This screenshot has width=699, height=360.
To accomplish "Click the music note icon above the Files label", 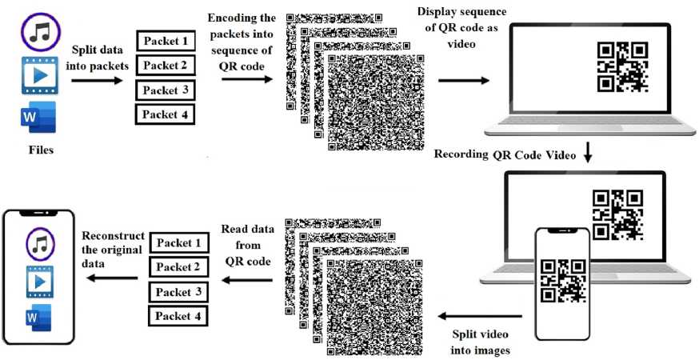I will [39, 32].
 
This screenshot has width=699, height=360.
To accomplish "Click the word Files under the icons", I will [40, 148].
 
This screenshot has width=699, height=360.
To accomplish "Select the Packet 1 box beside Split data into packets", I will [166, 41].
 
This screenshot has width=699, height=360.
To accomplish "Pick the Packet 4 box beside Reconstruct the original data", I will [177, 315].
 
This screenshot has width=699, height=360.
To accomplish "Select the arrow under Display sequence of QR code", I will [463, 81].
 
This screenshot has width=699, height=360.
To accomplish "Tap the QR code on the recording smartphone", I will [562, 279].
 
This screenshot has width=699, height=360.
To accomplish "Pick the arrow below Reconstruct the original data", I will [112, 278].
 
